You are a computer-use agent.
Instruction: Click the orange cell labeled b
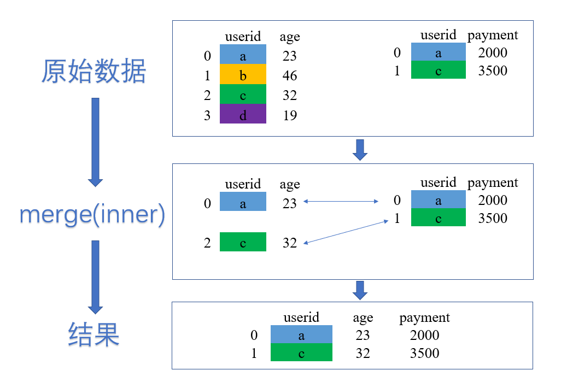tap(243, 75)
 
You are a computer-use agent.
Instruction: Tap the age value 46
tap(290, 75)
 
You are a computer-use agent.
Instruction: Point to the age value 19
tap(290, 115)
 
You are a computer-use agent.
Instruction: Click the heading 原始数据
tap(94, 71)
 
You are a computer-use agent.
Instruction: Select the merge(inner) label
tap(92, 215)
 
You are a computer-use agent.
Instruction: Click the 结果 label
tap(94, 334)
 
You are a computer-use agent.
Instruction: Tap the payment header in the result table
tap(424, 318)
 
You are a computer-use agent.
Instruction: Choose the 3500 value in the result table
tap(424, 353)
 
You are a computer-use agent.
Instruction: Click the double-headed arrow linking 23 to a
tap(341, 202)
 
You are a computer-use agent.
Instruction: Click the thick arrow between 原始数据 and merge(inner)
tap(95, 142)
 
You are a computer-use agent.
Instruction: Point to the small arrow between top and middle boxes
tap(360, 149)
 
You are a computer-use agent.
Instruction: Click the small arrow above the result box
tap(360, 290)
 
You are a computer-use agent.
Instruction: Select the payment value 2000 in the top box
tap(492, 53)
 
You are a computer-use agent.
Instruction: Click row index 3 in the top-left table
tap(207, 115)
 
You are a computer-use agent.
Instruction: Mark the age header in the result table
tap(363, 318)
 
